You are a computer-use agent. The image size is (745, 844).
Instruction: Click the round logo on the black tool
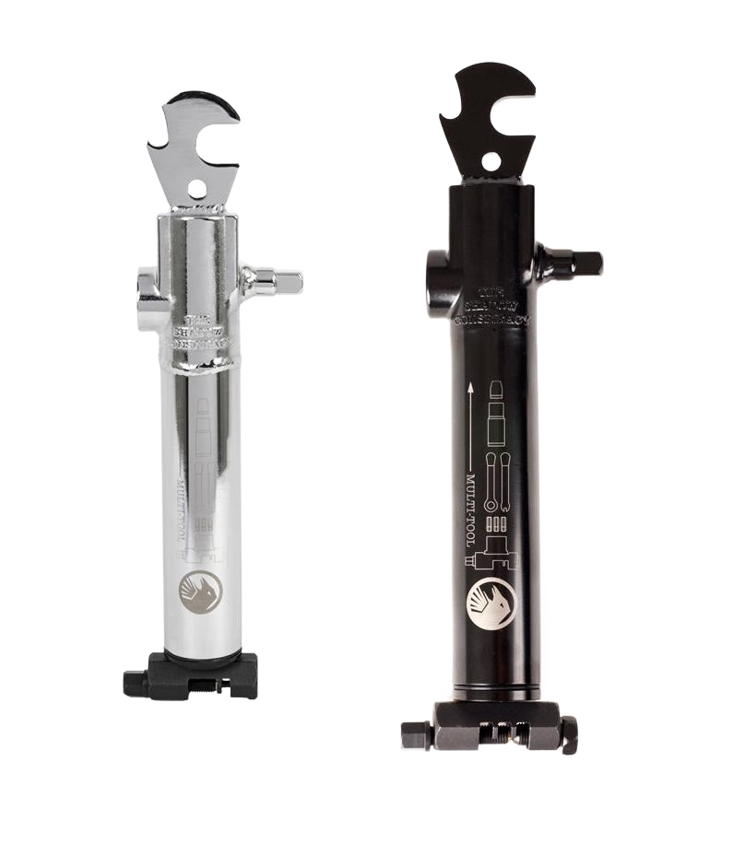tap(492, 603)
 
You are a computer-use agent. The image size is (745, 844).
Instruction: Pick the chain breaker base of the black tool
tap(491, 728)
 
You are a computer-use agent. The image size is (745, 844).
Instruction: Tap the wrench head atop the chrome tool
tap(195, 147)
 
